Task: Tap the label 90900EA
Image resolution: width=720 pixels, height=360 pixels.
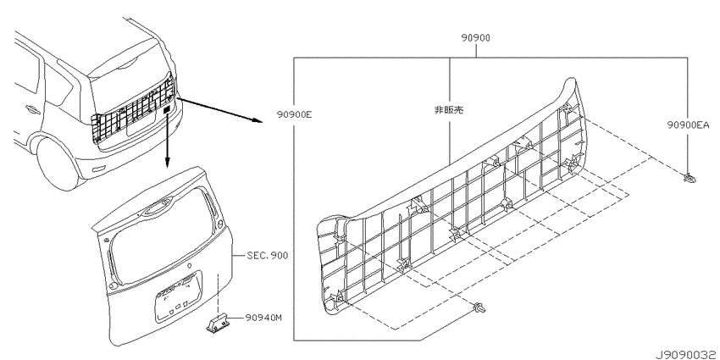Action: click(686, 123)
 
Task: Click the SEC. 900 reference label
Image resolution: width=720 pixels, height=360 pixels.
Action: click(268, 254)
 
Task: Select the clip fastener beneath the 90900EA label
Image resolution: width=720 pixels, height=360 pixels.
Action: click(689, 177)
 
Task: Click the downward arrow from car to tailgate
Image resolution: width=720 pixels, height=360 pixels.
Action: click(169, 140)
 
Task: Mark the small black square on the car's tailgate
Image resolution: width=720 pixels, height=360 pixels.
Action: click(168, 108)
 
